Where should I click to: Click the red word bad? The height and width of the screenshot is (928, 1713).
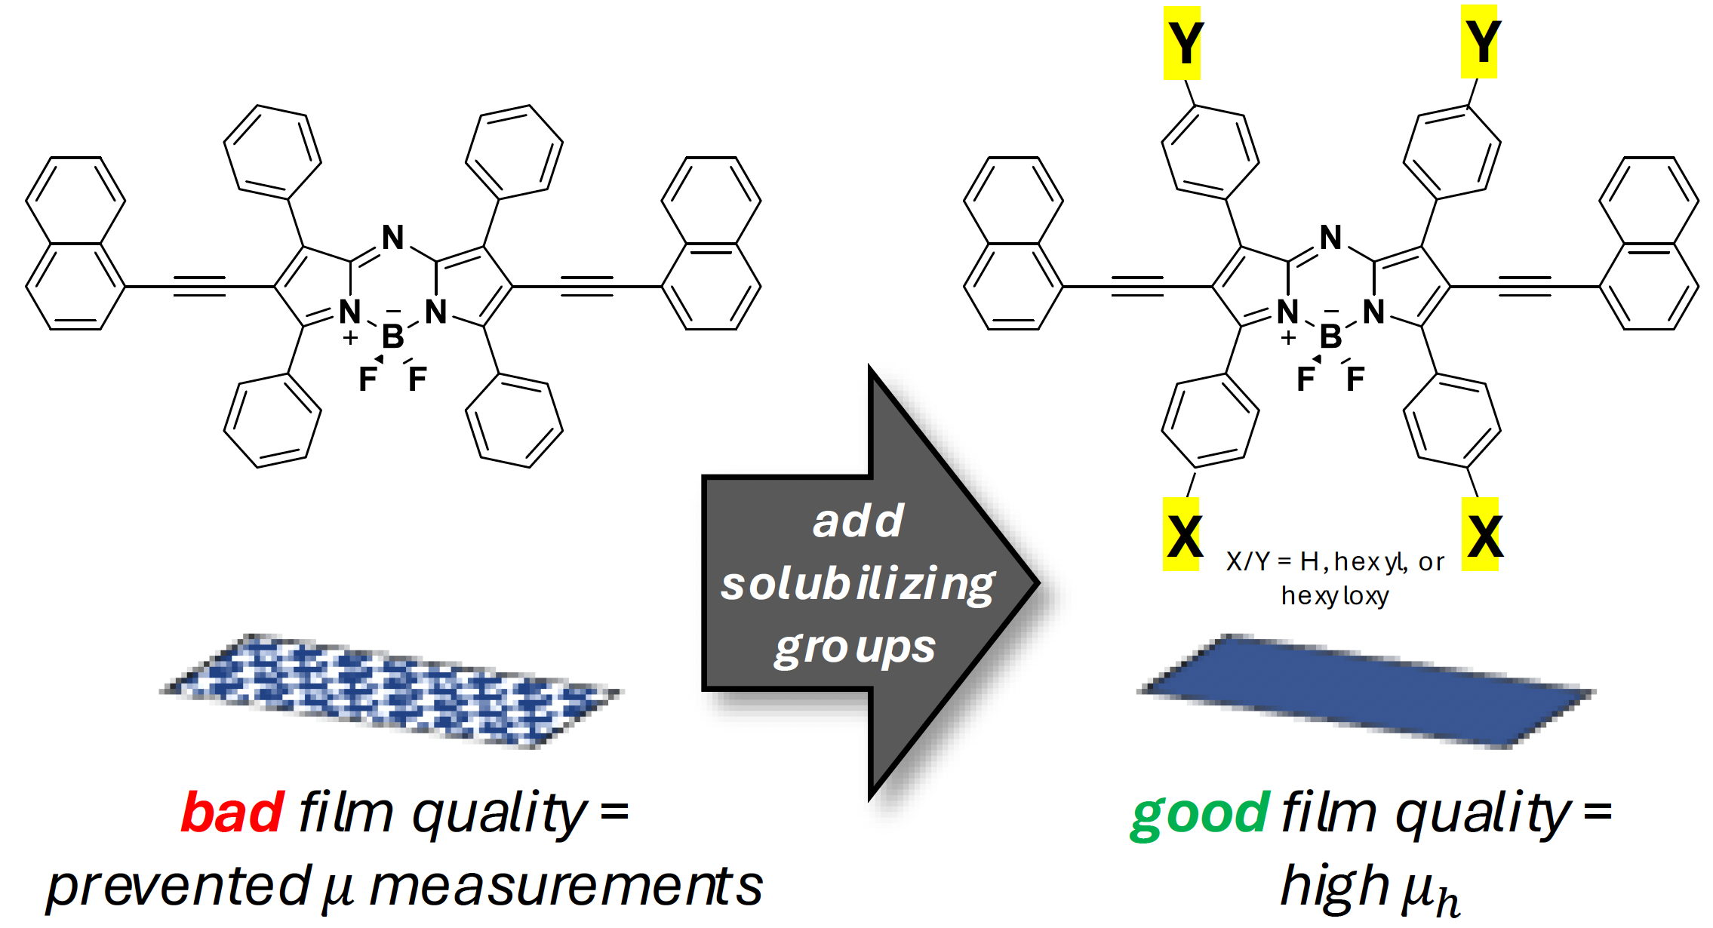pos(232,813)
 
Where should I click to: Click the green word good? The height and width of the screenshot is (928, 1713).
pos(1200,814)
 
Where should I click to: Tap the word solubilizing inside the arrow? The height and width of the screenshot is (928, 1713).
pos(858,585)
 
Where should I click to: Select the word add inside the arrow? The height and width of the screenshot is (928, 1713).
pos(858,521)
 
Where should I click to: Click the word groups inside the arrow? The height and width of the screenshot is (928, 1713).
pos(855,648)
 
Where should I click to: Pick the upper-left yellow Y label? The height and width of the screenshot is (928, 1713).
pos(1182,43)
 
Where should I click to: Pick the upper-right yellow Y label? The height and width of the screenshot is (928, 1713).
pos(1479,41)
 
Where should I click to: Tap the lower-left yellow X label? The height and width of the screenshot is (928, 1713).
pos(1182,535)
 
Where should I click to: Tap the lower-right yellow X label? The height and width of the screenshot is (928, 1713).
pos(1481,535)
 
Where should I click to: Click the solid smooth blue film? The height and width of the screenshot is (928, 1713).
pos(1366,691)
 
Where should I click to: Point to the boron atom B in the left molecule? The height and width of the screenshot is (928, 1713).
pos(392,336)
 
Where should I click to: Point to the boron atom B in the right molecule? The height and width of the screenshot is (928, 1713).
pos(1330,336)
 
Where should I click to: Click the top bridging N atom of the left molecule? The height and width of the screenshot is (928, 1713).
pos(393,238)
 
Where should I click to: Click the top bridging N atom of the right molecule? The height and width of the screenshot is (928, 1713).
pos(1331,238)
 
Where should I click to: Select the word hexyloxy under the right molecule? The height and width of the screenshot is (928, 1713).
pos(1335,596)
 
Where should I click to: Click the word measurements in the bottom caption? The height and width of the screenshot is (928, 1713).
pos(566,887)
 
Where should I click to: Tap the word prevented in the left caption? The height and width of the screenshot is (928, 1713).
pos(179,887)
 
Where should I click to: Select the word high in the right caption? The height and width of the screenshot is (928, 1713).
pos(1334,887)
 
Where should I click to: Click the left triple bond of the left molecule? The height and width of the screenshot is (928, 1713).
pos(199,287)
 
